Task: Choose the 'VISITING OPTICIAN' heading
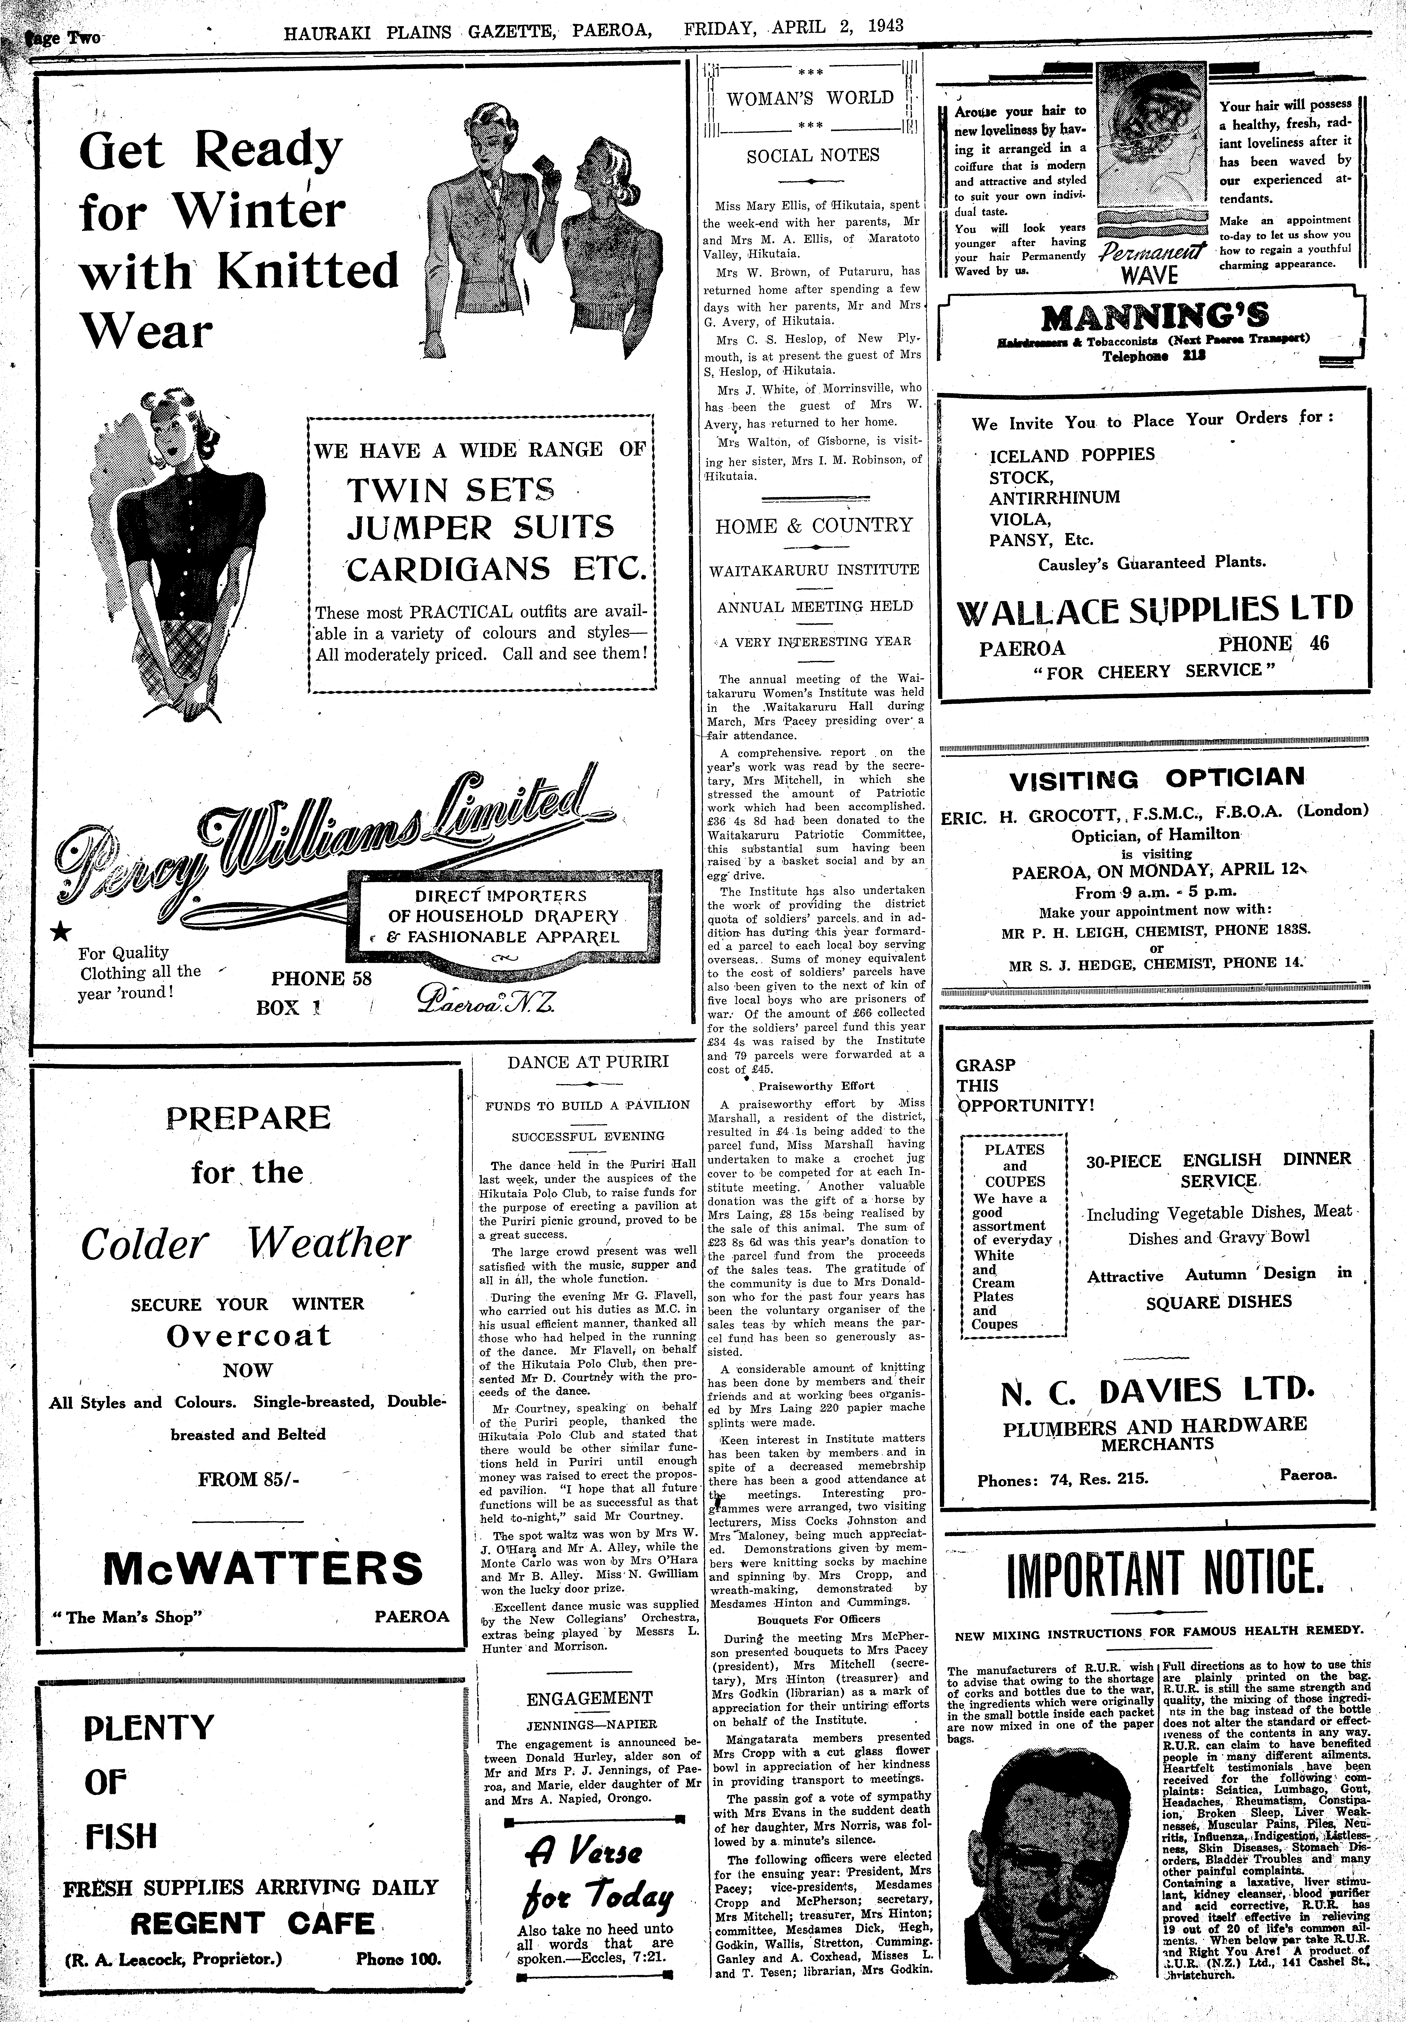(x=1156, y=778)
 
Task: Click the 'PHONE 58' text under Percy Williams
(x=321, y=977)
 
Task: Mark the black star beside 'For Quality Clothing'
(x=59, y=933)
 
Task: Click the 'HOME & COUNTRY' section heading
(x=814, y=526)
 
